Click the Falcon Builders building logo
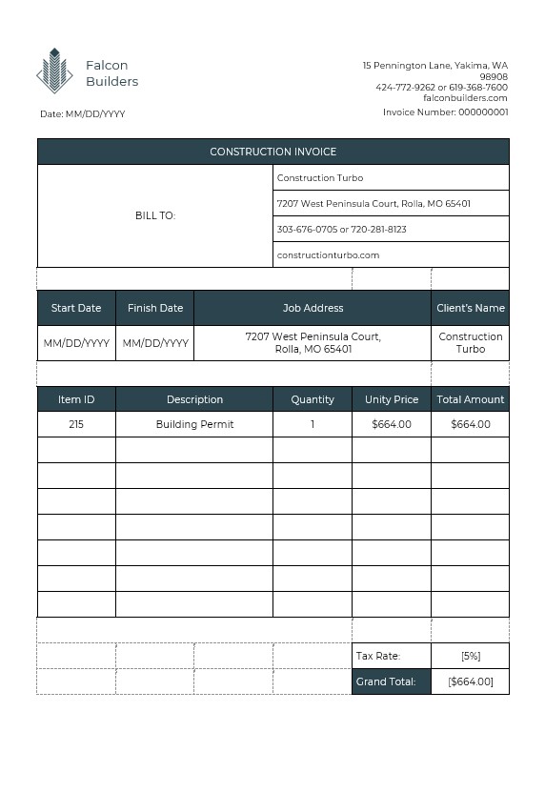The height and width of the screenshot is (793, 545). pyautogui.click(x=54, y=71)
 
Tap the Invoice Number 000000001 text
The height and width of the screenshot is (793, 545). pyautogui.click(x=445, y=112)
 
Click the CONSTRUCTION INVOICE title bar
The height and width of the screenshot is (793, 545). pyautogui.click(x=272, y=152)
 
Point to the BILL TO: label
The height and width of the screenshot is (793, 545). pyautogui.click(x=155, y=215)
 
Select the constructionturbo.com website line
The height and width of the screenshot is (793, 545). pyautogui.click(x=329, y=255)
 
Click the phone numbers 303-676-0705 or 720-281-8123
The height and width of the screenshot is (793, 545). pyautogui.click(x=341, y=230)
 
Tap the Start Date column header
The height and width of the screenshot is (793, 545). pyautogui.click(x=76, y=308)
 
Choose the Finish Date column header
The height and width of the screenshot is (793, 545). pyautogui.click(x=155, y=308)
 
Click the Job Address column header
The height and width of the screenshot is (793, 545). pyautogui.click(x=313, y=308)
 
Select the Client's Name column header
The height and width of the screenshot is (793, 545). pyautogui.click(x=471, y=308)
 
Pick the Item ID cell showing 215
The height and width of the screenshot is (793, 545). pyautogui.click(x=76, y=424)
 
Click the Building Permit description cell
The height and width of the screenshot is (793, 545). pyautogui.click(x=194, y=424)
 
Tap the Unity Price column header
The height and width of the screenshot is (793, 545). pyautogui.click(x=392, y=399)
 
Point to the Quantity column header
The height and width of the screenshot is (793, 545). pyautogui.click(x=313, y=399)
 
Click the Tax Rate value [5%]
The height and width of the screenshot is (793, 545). pyautogui.click(x=471, y=656)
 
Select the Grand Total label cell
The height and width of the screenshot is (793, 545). pyautogui.click(x=386, y=681)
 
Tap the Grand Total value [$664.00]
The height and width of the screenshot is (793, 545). pyautogui.click(x=471, y=681)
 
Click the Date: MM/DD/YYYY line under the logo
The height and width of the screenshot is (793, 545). pyautogui.click(x=83, y=114)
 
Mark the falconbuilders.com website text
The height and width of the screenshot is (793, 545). pyautogui.click(x=465, y=98)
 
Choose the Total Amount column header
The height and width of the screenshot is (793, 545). pyautogui.click(x=471, y=399)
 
